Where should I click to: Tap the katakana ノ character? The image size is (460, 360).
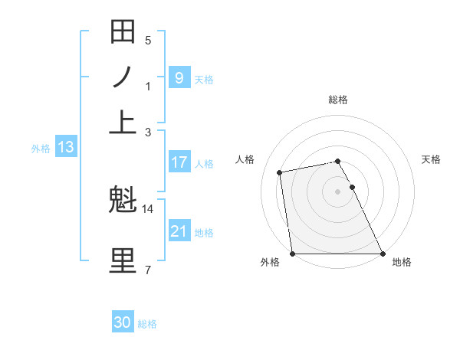[123, 77]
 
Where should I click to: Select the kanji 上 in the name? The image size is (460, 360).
[123, 122]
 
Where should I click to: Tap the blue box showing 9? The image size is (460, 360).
[179, 77]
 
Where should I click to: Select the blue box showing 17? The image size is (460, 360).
[179, 162]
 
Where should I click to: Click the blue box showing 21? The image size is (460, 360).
[179, 231]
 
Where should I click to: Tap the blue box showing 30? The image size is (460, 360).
[123, 323]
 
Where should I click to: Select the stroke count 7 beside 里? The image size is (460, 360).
[148, 269]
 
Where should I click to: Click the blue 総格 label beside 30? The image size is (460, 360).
[147, 325]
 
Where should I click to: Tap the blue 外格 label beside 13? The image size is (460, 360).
[41, 149]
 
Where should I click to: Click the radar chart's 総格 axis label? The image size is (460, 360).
[338, 100]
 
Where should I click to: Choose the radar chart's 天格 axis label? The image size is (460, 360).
[431, 159]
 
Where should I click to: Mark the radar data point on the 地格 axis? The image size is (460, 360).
[383, 254]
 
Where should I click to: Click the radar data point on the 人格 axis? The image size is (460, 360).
[280, 172]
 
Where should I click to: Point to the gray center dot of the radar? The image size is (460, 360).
[337, 191]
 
